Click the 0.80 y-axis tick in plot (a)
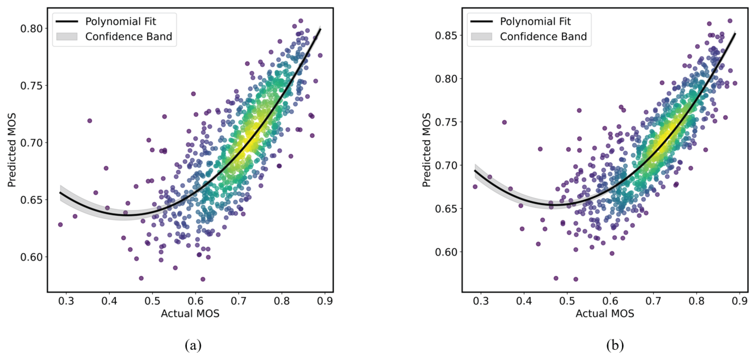[x=31, y=29]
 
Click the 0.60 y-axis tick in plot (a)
[x=31, y=257]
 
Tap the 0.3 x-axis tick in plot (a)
[x=66, y=301]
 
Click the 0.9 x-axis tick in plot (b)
[x=740, y=301]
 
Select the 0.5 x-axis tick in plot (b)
[x=567, y=301]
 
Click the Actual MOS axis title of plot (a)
[x=190, y=314]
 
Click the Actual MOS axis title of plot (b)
[x=605, y=314]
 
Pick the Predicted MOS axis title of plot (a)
[x=12, y=150]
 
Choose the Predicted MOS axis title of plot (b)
[x=426, y=150]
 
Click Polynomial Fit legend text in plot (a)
[x=121, y=21]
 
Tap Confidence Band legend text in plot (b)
[x=543, y=37]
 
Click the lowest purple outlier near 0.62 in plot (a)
[x=203, y=279]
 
